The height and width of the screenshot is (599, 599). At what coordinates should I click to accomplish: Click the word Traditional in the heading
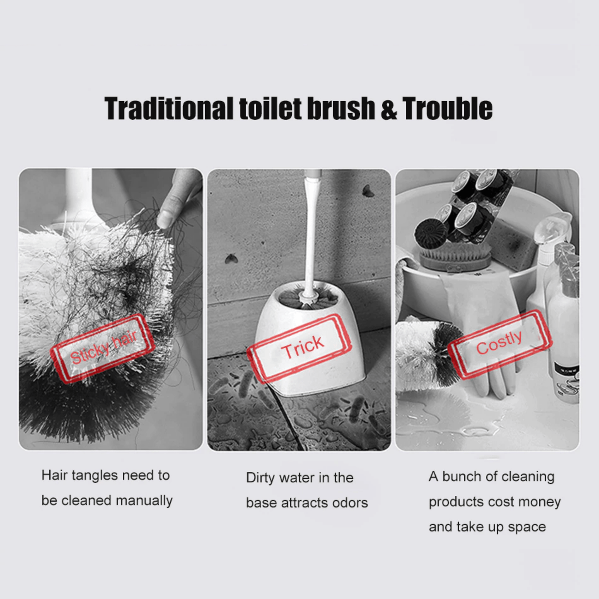click(x=169, y=109)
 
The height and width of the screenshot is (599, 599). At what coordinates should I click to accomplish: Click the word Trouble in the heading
click(x=447, y=109)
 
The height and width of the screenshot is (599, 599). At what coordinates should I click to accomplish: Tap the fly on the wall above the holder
click(x=367, y=191)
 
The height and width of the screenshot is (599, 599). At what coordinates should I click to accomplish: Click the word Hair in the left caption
click(x=54, y=475)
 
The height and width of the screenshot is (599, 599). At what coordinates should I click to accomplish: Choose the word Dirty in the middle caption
click(x=260, y=478)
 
